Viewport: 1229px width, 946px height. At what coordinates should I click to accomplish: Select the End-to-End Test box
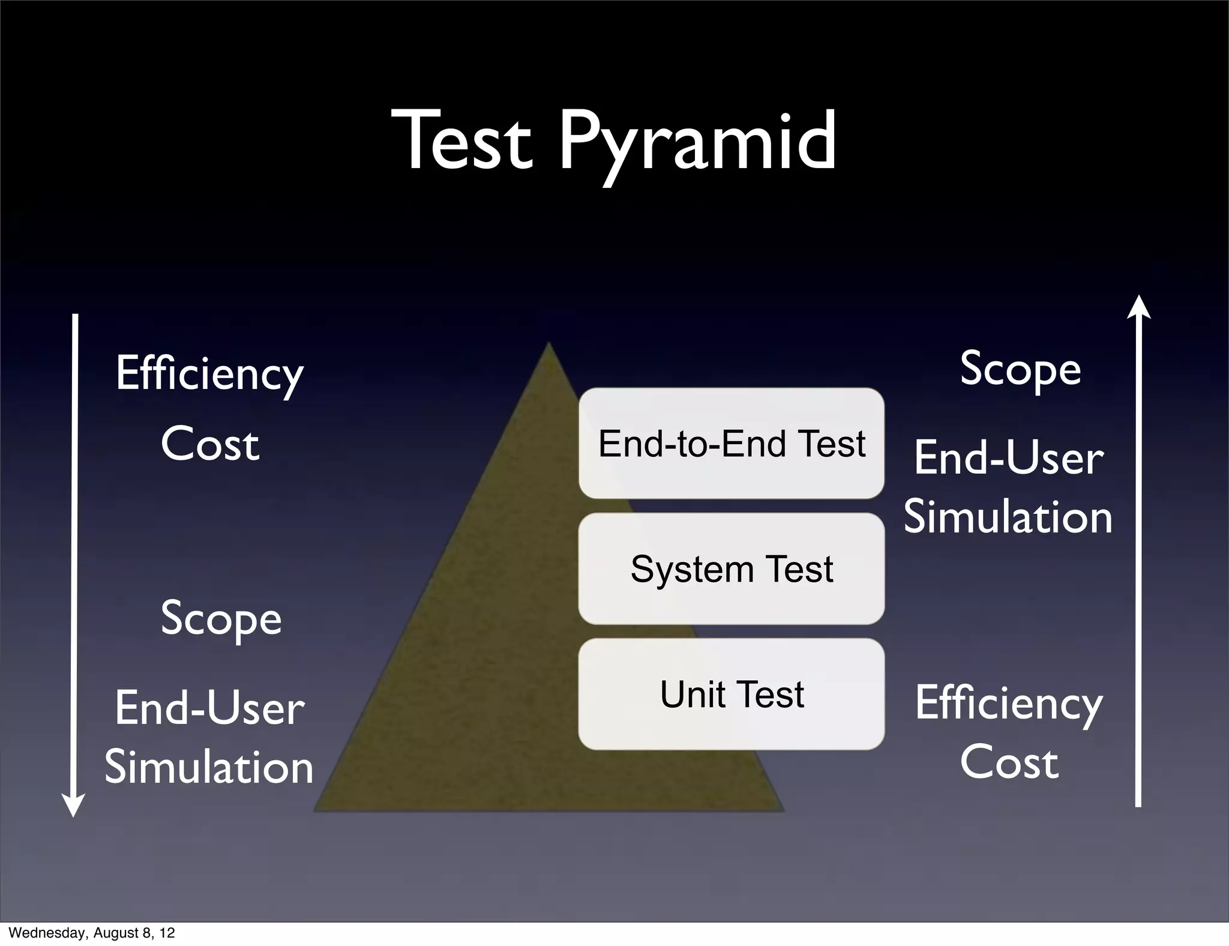731,444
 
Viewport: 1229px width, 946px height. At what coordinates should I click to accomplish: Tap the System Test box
731,568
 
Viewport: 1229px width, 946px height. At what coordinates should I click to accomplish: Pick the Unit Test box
731,694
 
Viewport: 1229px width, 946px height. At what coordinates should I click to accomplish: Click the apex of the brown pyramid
548,345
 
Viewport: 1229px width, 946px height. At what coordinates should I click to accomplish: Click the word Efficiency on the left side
209,373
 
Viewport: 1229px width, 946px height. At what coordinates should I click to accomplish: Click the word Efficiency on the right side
1009,703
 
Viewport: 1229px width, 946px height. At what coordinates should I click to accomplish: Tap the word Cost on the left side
209,444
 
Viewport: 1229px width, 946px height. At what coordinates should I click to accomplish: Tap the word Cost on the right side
1009,762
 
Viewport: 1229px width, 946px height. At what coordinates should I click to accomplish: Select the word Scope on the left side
221,618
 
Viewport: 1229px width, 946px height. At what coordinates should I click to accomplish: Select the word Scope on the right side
1020,369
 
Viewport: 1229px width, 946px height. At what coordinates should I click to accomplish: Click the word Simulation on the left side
209,767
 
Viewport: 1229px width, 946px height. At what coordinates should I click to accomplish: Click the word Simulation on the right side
1008,517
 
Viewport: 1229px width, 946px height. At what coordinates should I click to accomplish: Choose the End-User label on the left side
209,708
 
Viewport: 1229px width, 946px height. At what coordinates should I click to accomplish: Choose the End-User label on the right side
1008,458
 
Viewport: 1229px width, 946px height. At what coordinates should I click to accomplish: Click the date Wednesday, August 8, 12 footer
91,933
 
